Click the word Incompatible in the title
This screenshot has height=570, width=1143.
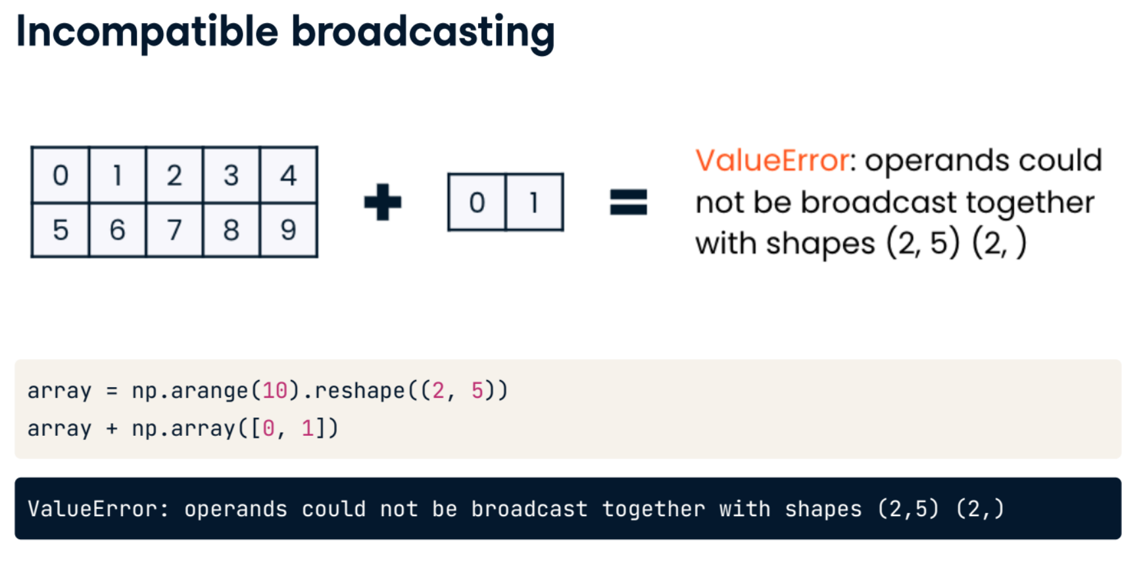147,32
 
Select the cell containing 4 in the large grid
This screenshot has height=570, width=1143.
289,175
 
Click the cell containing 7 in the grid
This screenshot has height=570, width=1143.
174,229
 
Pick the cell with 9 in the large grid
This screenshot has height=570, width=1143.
289,229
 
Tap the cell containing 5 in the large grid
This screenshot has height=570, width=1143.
61,229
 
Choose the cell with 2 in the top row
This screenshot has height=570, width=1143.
174,175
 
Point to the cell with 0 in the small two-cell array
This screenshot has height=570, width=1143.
477,202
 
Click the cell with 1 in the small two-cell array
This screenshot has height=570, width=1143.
534,202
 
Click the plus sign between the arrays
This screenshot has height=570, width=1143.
383,202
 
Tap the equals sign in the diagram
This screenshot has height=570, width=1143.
629,202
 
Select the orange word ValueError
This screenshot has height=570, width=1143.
773,160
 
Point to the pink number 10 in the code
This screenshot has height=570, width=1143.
275,391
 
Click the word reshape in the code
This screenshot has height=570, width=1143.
360,391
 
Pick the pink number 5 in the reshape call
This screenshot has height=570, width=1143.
477,391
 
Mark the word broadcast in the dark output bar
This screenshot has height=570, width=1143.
529,508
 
